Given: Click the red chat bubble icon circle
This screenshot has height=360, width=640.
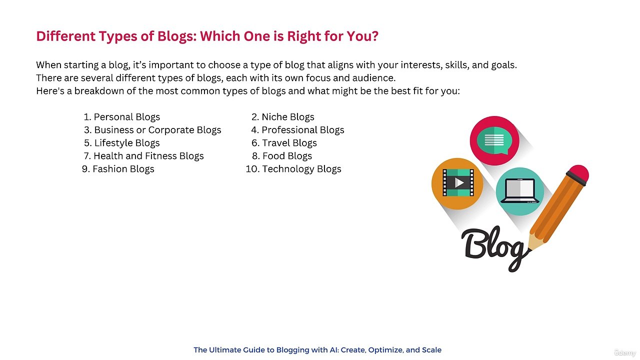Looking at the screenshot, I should (494, 140).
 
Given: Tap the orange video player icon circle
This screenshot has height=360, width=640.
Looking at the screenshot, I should (457, 183).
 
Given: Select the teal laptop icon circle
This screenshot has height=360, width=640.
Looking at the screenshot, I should (520, 191).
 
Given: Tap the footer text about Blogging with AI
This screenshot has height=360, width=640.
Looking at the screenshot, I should (317, 350).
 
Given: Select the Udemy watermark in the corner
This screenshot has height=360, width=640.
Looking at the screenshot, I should (624, 353).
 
